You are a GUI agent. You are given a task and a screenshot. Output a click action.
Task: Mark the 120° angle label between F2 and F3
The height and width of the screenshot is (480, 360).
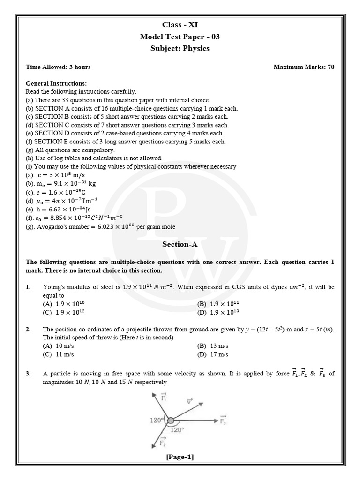177,429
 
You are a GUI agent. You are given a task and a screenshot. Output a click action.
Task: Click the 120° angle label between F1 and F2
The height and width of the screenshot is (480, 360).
156,420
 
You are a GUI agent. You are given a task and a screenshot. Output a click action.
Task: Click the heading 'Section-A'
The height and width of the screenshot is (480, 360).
180,244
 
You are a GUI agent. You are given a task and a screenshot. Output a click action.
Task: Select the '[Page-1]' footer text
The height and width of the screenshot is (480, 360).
180,457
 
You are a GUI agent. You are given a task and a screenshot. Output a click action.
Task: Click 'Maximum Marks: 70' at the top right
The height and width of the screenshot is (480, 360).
304,67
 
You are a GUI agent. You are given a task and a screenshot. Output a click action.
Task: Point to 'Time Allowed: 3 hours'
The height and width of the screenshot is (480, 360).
58,67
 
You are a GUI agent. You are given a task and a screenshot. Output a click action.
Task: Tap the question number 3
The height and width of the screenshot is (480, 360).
29,374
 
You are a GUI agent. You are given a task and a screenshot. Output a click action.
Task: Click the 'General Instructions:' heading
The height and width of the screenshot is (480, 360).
56,83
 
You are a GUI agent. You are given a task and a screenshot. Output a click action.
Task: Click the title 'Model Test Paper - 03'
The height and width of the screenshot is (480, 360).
180,37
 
